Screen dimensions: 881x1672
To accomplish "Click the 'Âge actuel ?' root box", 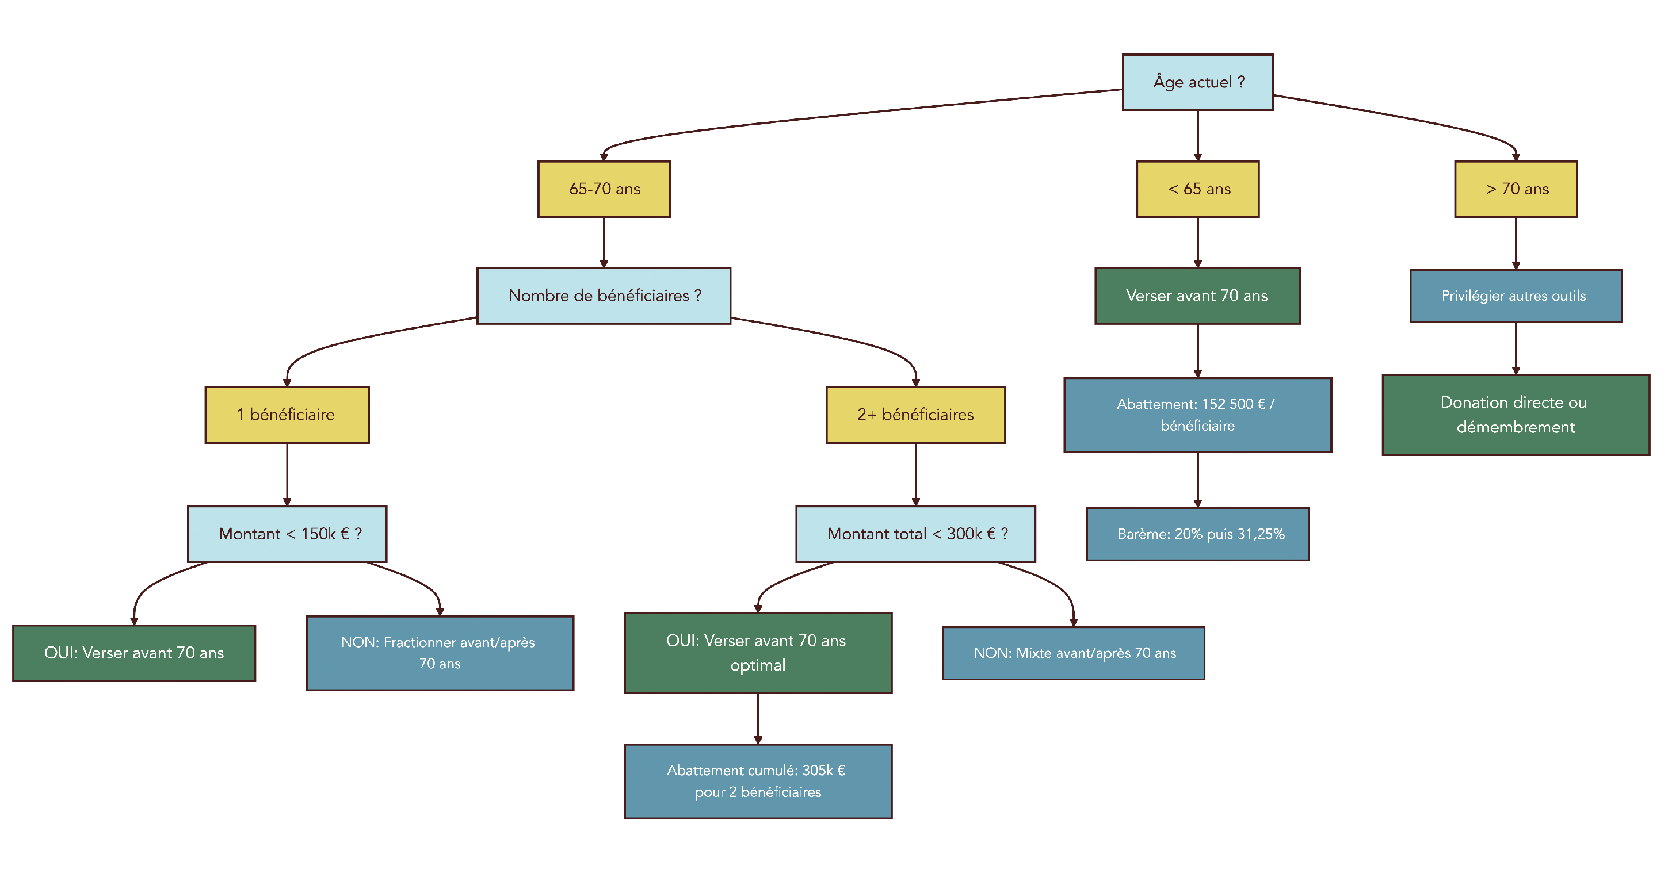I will pos(1197,82).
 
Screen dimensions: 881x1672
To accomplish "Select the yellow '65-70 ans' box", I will pos(604,189).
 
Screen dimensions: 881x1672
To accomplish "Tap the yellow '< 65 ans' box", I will pos(1197,189).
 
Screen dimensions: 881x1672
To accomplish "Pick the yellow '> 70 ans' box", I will pos(1516,189).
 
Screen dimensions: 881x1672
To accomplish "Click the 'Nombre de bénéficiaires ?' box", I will pos(604,296).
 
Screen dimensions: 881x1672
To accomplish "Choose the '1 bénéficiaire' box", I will pos(287,415).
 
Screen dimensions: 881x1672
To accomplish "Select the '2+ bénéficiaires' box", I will pos(915,415).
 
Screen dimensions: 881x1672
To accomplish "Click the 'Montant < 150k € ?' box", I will pos(287,534).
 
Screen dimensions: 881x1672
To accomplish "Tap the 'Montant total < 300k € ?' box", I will pos(915,534).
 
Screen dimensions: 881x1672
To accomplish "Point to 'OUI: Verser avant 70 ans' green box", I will pos(133,653).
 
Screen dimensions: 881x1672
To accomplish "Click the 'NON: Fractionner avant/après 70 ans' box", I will pos(440,653).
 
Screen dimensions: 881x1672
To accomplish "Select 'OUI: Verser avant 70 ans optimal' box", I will pos(757,653).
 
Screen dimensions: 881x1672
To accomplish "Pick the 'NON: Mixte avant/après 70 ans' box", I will pos(1073,653).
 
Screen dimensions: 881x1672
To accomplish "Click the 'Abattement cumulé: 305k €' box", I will pos(757,781).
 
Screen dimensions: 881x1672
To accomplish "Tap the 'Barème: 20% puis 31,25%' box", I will pos(1197,534).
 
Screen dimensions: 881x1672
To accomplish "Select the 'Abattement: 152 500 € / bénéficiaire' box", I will pos(1197,415).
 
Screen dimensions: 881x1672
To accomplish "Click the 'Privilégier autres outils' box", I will pos(1516,296).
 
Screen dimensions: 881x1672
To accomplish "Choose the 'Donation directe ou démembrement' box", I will pos(1516,415).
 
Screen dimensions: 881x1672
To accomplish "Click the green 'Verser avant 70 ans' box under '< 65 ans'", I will pos(1197,296).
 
